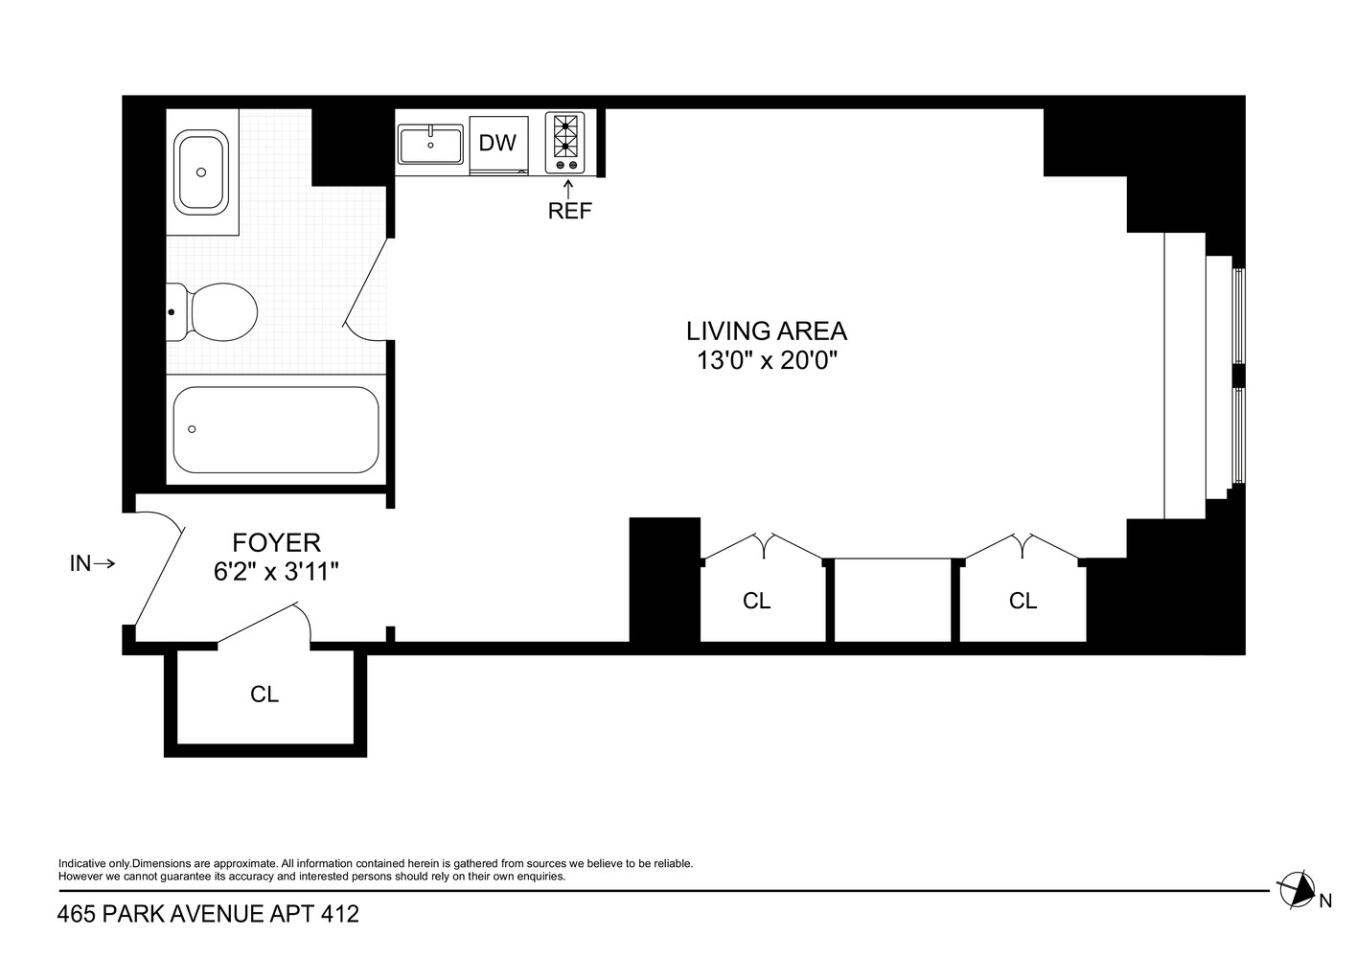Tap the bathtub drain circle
[193, 429]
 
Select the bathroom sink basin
[201, 172]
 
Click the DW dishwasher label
[497, 144]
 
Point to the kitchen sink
[430, 145]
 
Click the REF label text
[570, 212]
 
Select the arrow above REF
[569, 188]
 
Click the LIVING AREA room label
[766, 331]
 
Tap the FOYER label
[276, 543]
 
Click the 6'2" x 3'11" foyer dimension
[276, 572]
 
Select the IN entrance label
[80, 564]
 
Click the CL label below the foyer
[264, 695]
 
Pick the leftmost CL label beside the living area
[757, 601]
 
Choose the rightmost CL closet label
[1023, 601]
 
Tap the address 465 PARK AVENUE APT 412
[208, 915]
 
